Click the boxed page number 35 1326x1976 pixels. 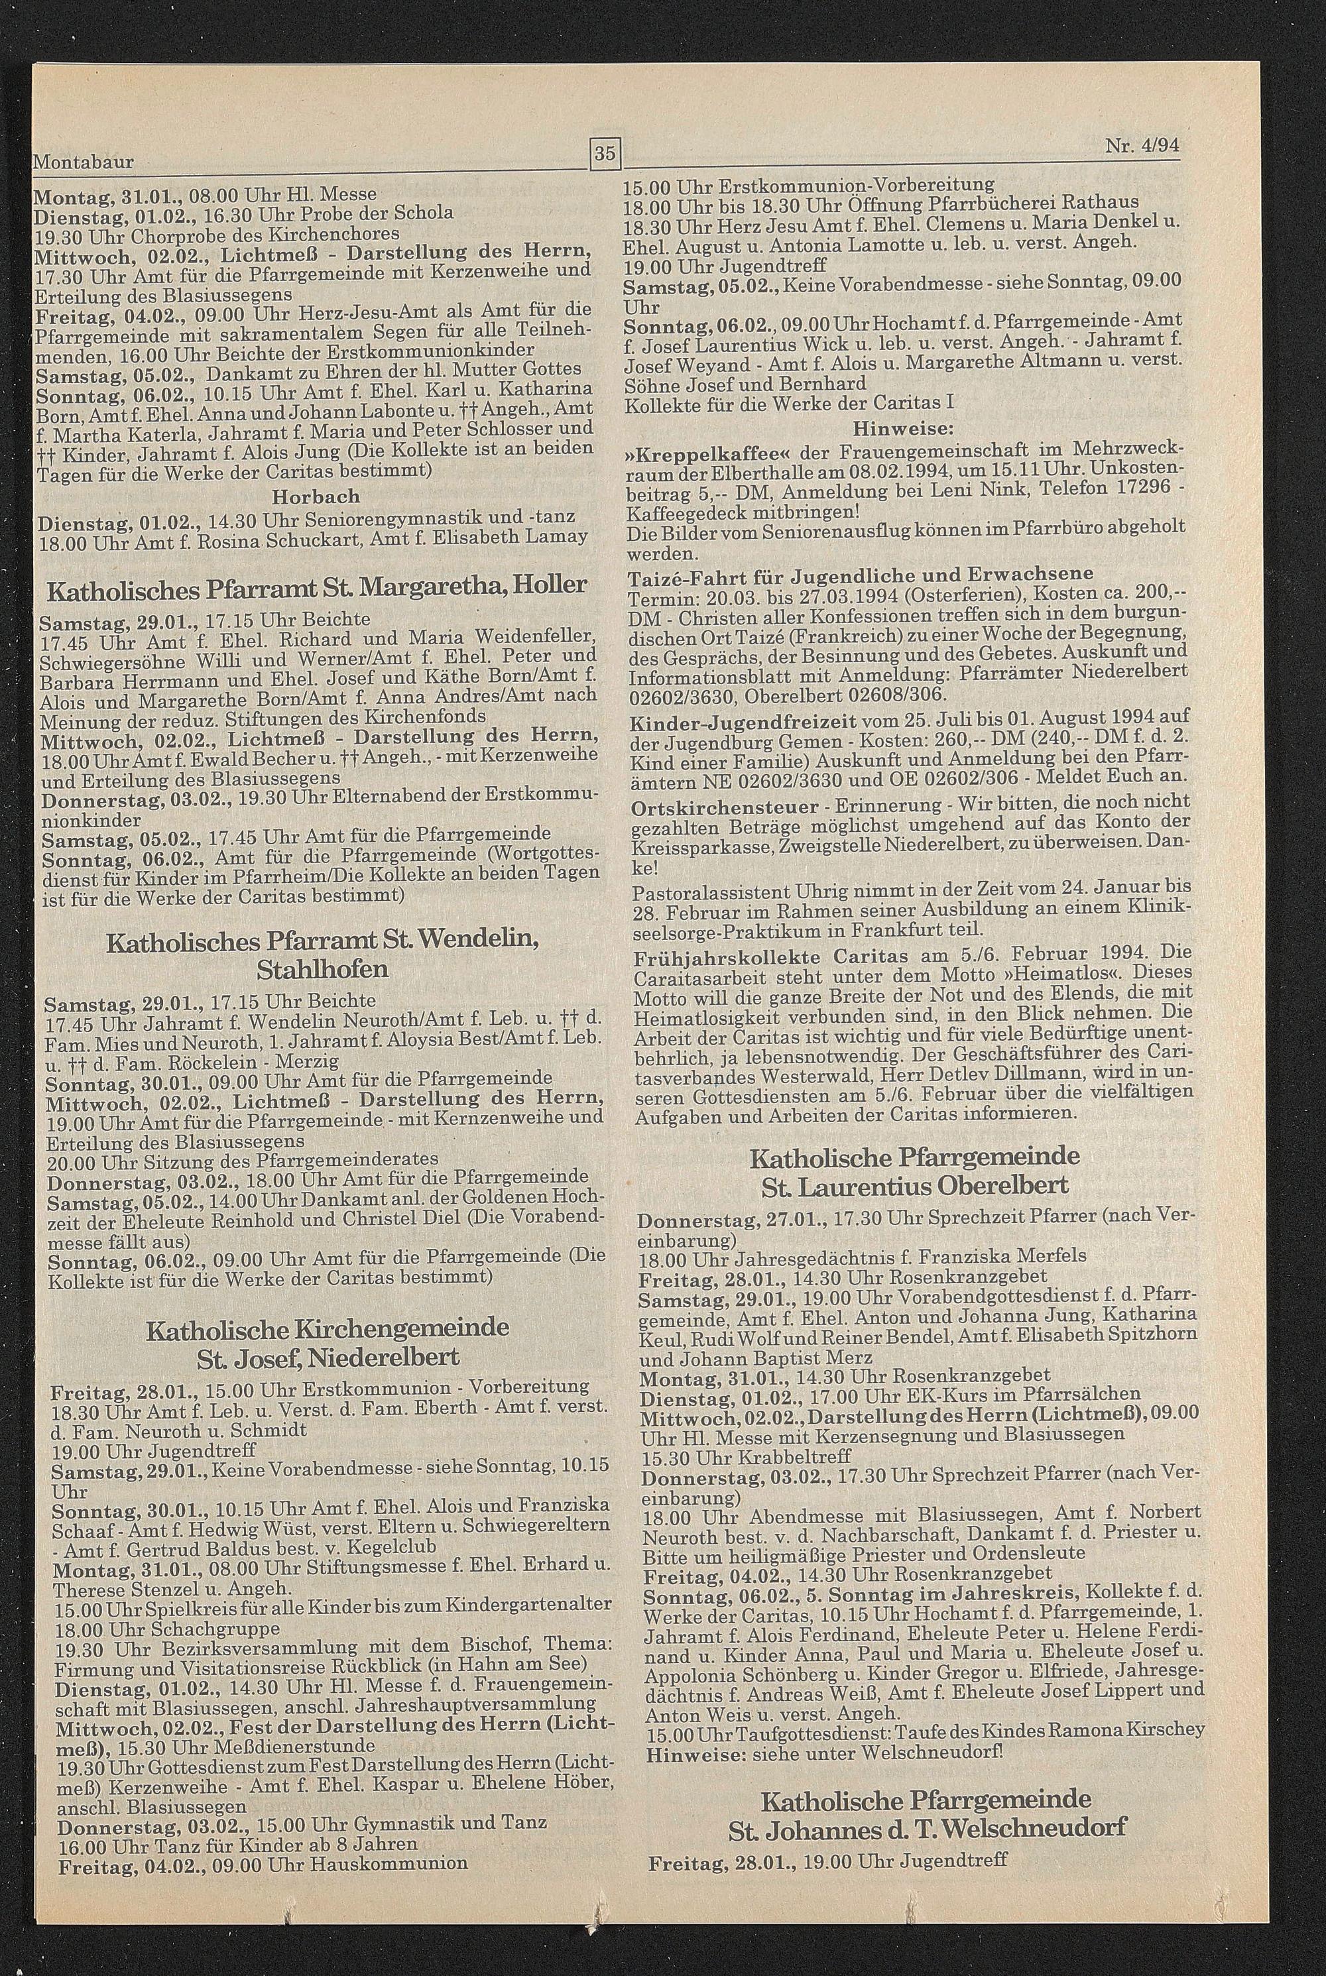605,154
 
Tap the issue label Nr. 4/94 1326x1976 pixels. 1141,145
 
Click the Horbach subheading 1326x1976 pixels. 316,496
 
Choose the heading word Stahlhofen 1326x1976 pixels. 322,968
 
